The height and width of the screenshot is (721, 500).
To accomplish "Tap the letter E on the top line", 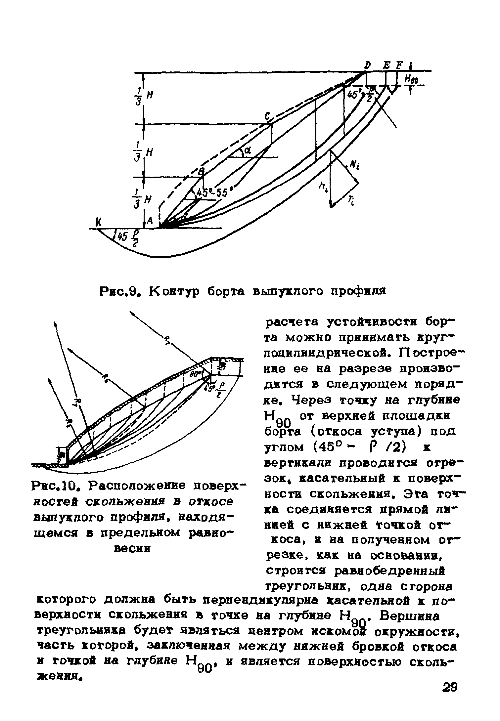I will pyautogui.click(x=386, y=65).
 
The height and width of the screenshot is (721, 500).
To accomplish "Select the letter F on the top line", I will pyautogui.click(x=398, y=65).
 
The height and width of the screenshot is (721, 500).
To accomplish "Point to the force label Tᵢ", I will pyautogui.click(x=351, y=201).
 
